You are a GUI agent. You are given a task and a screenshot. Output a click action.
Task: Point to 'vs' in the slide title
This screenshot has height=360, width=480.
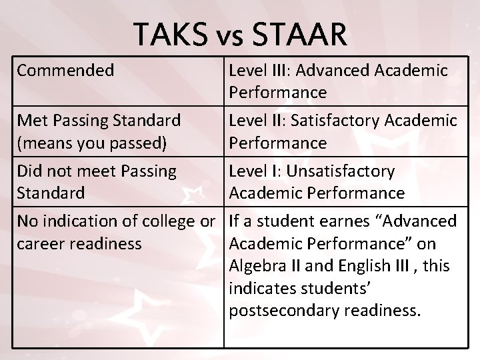pos(229,37)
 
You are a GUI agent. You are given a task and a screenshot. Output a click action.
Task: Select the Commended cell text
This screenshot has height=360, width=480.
pos(65,70)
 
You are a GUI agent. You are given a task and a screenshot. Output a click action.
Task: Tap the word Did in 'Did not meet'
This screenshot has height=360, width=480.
pos(29,171)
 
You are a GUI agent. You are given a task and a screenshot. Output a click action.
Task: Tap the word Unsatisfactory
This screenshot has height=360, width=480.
pos(340,171)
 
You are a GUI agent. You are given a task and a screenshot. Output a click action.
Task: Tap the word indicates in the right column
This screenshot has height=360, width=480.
pos(261,288)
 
